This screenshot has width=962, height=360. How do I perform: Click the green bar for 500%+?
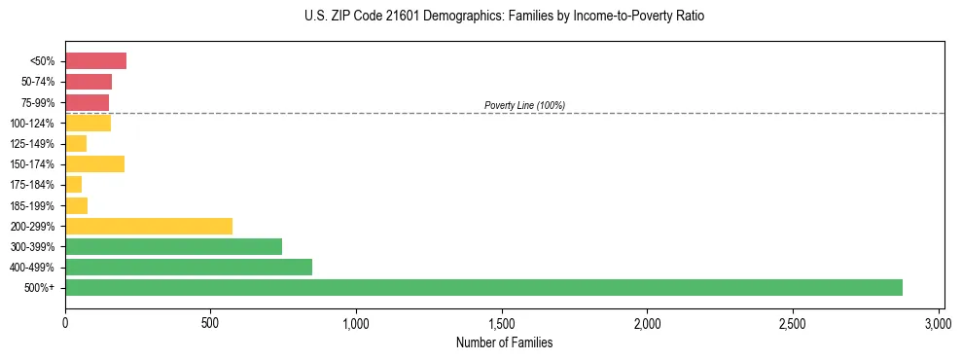(483, 287)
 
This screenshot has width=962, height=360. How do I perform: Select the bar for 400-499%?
(189, 267)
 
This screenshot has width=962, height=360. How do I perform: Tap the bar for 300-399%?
(173, 246)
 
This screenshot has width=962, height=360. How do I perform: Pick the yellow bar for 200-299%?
(149, 226)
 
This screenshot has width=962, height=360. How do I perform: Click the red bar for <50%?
(95, 61)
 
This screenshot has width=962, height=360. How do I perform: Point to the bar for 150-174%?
(94, 163)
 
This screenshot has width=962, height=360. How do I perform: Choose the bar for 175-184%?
(73, 184)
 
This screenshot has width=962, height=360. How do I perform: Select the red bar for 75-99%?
(87, 102)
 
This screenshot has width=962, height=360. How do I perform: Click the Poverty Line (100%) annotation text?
(524, 105)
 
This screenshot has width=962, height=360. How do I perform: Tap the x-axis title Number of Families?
(504, 342)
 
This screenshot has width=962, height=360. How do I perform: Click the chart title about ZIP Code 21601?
(503, 17)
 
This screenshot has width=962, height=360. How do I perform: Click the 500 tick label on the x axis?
(210, 322)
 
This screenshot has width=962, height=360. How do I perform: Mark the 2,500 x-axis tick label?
(793, 322)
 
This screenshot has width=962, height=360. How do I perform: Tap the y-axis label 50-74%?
(39, 82)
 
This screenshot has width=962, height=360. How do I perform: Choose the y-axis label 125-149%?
(36, 143)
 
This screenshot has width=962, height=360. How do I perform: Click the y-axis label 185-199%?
(36, 205)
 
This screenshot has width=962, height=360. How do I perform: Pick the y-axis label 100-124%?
(36, 123)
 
